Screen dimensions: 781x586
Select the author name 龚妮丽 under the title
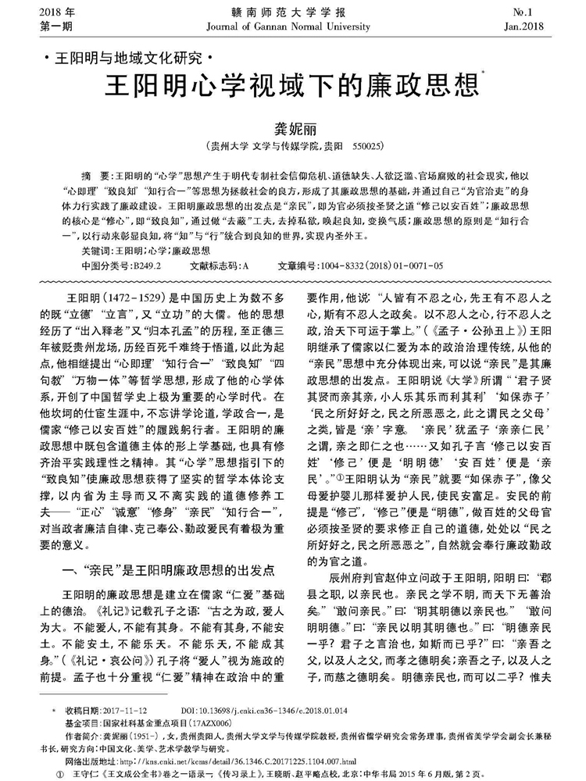(292, 128)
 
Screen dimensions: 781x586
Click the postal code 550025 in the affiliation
(367, 146)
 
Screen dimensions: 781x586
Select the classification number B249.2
(145, 266)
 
